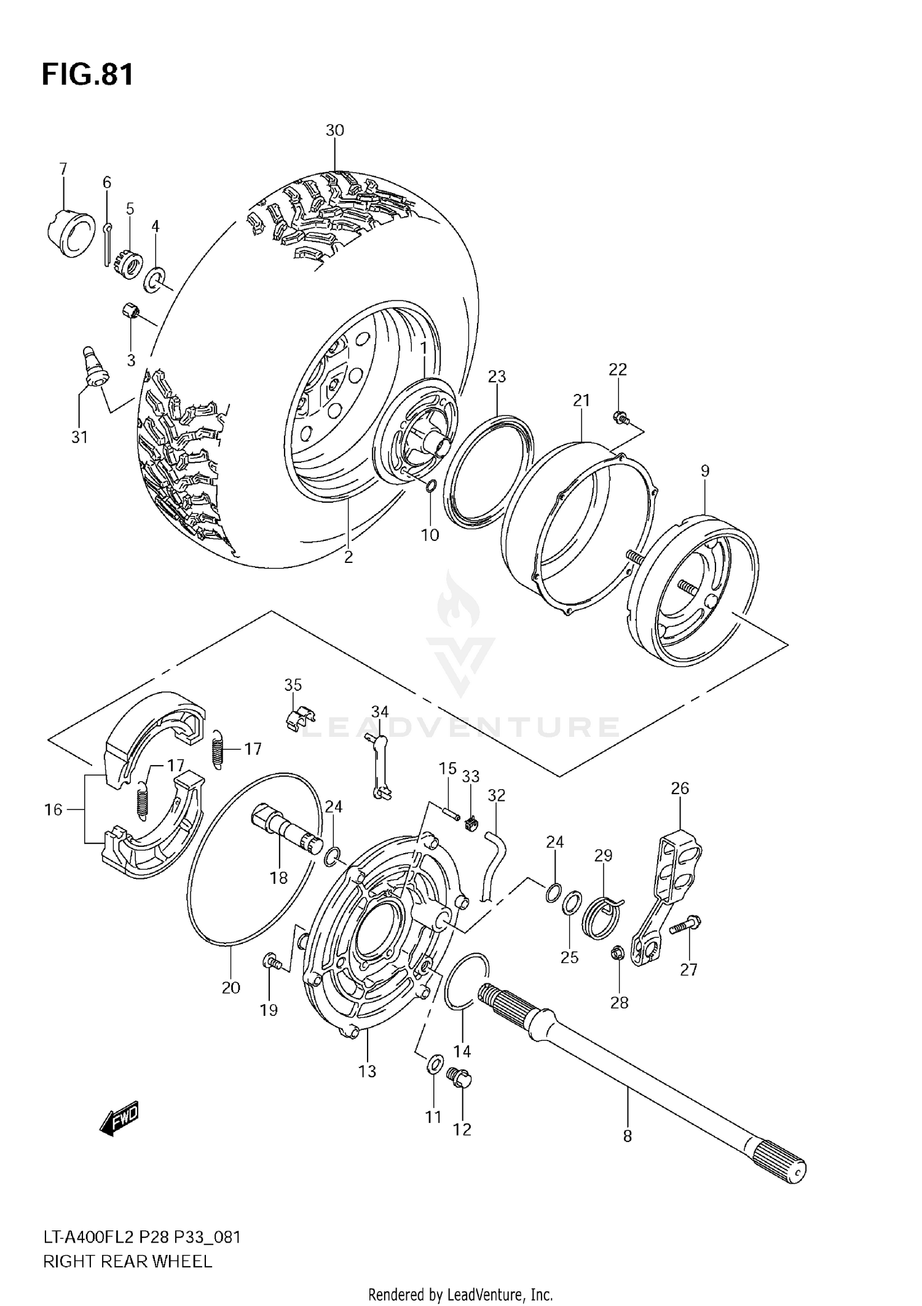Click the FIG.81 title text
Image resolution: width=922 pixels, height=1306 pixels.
click(x=87, y=75)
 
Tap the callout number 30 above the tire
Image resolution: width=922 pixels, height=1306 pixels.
click(x=334, y=130)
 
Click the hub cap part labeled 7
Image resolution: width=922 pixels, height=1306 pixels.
click(x=69, y=234)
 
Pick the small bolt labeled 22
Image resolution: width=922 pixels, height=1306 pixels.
click(x=621, y=419)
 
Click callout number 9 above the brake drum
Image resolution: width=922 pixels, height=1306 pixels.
click(x=704, y=471)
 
